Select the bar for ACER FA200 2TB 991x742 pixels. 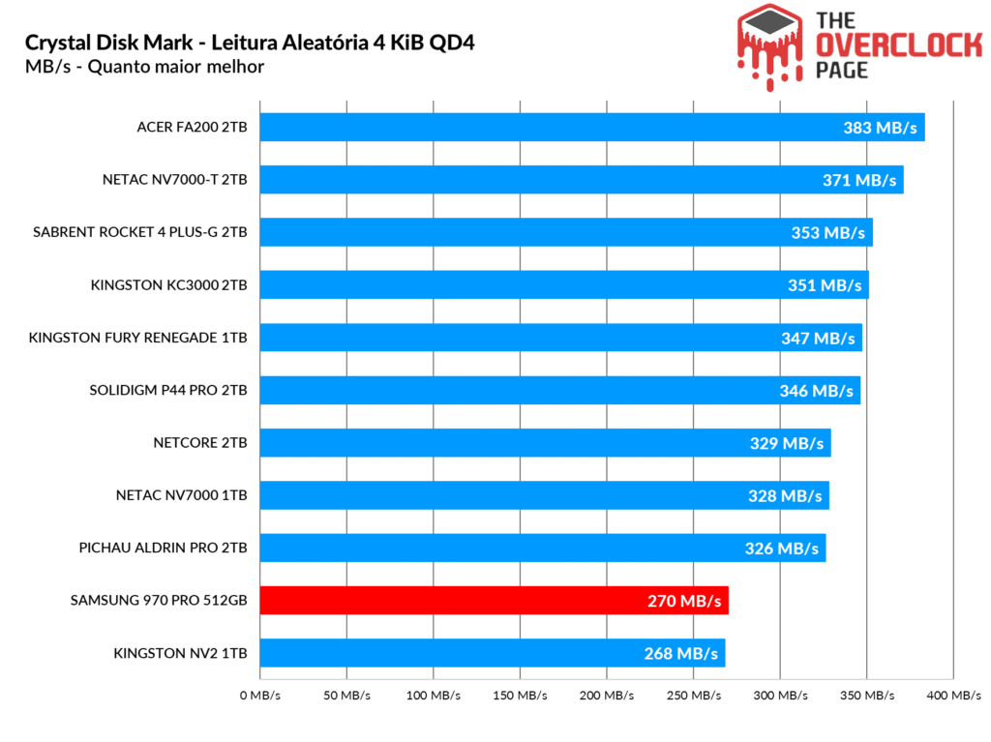click(542, 128)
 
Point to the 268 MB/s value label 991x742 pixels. click(681, 654)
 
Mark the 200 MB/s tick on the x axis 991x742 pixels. click(607, 696)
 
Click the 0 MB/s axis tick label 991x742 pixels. click(259, 696)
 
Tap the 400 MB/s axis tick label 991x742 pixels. click(952, 696)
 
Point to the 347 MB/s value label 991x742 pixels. click(818, 339)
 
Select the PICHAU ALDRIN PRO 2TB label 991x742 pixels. click(163, 548)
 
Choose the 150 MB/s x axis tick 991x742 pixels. click(520, 696)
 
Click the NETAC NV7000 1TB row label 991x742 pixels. click(181, 495)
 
